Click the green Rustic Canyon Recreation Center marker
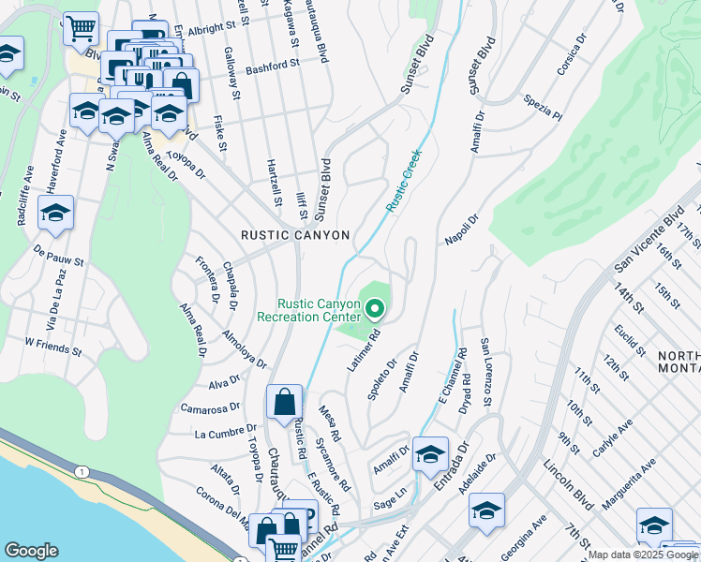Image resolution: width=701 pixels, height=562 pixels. tap(376, 307)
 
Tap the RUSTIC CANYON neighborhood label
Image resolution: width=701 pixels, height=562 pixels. tap(295, 236)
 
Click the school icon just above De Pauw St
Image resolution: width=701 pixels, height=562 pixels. tap(55, 213)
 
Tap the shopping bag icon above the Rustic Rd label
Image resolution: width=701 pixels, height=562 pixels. tap(284, 403)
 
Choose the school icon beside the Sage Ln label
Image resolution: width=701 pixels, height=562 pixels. tap(430, 454)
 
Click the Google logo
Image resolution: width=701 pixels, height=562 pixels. tap(32, 550)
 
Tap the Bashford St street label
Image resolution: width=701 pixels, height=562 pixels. tap(272, 67)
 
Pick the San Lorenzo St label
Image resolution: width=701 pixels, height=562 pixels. tap(486, 373)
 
